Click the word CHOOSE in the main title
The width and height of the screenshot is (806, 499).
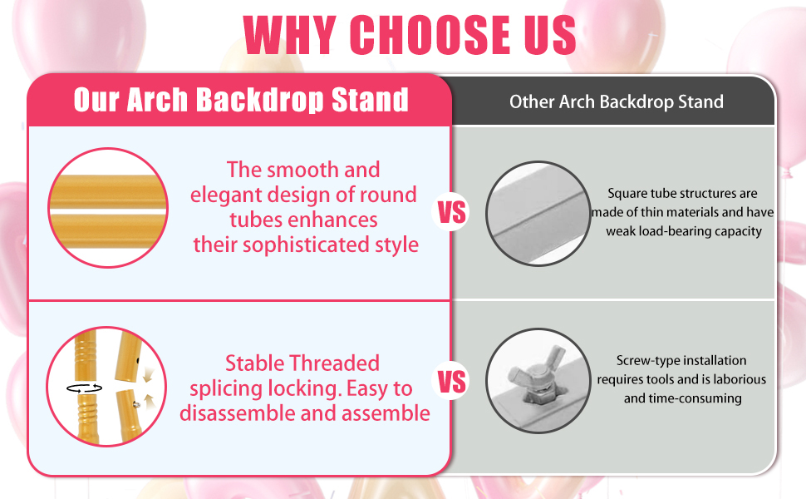(x=430, y=34)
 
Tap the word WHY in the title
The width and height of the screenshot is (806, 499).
(x=290, y=34)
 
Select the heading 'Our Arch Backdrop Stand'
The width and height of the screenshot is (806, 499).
(x=241, y=100)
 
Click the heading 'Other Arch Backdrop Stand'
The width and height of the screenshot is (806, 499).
(x=617, y=101)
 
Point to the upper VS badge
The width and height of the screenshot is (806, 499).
(x=451, y=212)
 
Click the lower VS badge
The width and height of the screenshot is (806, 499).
(x=451, y=382)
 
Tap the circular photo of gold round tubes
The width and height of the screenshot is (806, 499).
(x=108, y=208)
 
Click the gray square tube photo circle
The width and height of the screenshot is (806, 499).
(x=538, y=214)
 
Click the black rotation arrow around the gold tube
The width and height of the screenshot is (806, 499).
(x=84, y=388)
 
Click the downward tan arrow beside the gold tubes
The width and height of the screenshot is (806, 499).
(x=148, y=374)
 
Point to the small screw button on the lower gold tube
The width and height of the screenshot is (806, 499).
(x=137, y=405)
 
